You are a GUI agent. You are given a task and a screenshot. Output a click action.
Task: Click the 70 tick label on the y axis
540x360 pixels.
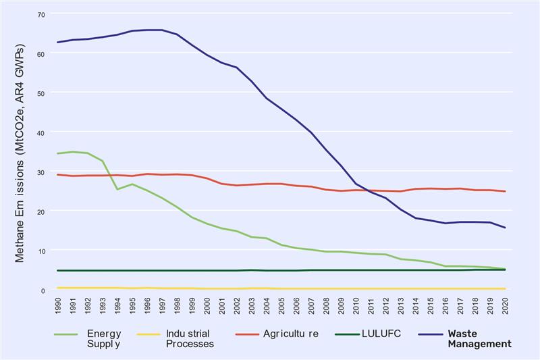tap(42, 14)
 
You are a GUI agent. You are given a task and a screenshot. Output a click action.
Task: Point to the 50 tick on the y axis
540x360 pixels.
tap(42, 93)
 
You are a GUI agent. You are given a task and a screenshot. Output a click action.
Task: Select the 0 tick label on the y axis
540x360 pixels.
tap(43, 290)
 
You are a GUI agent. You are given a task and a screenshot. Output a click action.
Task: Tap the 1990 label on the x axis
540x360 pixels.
tap(59, 304)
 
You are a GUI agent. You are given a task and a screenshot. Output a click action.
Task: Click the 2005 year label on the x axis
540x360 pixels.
tap(282, 304)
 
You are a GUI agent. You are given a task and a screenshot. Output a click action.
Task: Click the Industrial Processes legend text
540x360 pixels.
tap(190, 338)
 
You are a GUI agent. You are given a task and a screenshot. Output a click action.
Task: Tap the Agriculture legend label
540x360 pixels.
tap(291, 334)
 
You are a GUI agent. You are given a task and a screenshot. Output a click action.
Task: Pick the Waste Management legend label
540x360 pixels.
tap(479, 338)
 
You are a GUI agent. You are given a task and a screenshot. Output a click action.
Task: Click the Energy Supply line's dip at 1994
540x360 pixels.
tap(117, 189)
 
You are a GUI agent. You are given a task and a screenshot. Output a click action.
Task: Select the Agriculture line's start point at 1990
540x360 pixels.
tap(58, 174)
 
